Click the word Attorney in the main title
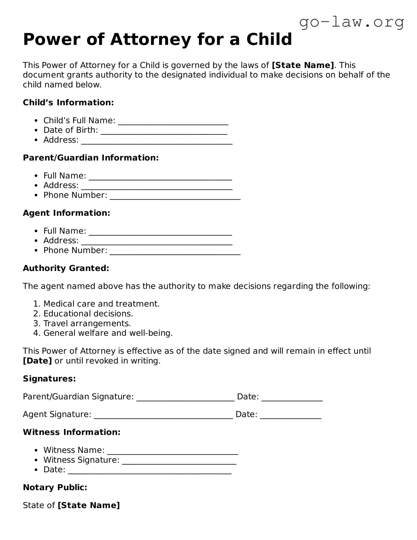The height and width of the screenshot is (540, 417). point(150,39)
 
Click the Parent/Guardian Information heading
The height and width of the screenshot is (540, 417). point(91,158)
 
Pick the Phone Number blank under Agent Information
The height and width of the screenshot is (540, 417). point(175,251)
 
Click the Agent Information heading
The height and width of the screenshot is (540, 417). point(66,213)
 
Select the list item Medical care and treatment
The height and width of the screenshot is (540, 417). point(101,304)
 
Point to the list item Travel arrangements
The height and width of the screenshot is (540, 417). point(87,323)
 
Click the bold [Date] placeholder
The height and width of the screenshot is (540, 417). point(37,361)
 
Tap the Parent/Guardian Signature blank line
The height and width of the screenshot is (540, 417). point(185,398)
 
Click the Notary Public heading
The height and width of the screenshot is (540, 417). point(55,487)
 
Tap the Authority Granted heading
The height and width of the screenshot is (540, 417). point(66,268)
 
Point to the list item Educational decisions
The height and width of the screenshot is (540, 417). point(88,313)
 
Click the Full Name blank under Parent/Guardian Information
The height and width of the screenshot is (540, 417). point(160,177)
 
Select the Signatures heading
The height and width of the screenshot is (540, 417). point(49,379)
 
